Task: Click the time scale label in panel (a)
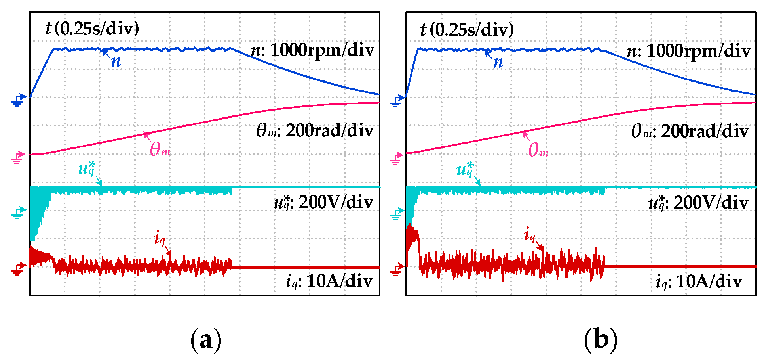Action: tap(92, 29)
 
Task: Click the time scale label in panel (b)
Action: tap(467, 29)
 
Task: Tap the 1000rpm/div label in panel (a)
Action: tap(313, 50)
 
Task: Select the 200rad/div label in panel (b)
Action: tap(690, 131)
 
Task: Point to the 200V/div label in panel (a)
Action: tap(323, 203)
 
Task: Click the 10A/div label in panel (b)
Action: tap(699, 281)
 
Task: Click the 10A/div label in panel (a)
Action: tap(329, 281)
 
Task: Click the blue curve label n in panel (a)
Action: tap(116, 61)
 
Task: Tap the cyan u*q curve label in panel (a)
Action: tap(86, 169)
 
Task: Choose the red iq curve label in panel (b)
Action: tap(530, 235)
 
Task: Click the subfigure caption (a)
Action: tap(205, 340)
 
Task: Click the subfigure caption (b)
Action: tap(601, 340)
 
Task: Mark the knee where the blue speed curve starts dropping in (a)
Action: tap(232, 49)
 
